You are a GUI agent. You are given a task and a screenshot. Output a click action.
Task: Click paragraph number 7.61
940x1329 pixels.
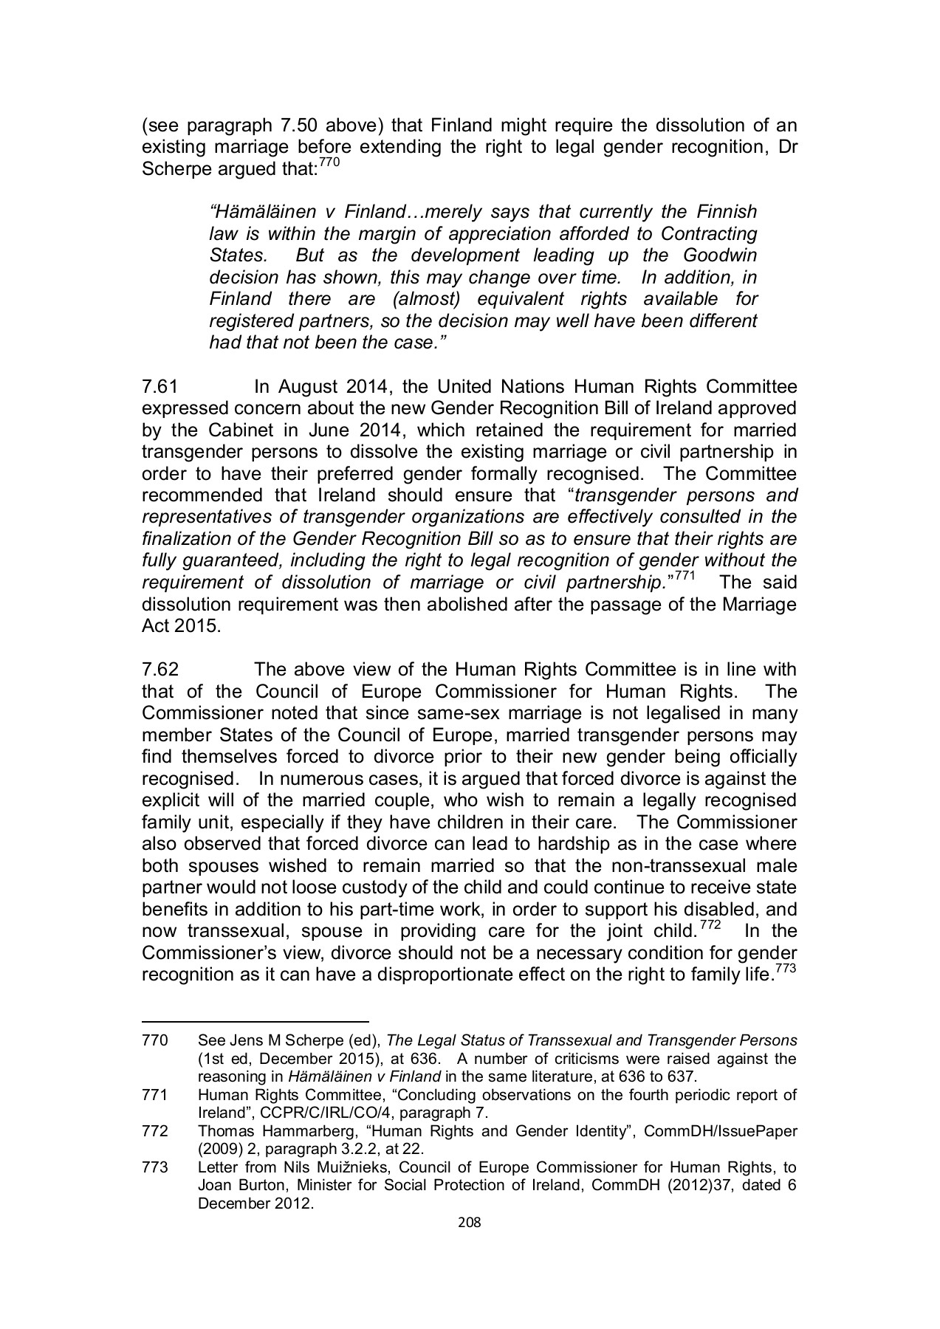pos(160,387)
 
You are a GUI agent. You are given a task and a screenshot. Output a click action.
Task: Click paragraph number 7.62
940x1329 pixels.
pos(160,670)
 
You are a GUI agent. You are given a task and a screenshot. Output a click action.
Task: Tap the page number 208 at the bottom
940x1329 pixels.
pos(470,1222)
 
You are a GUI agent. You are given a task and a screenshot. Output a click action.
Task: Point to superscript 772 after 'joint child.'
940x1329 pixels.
pos(710,924)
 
